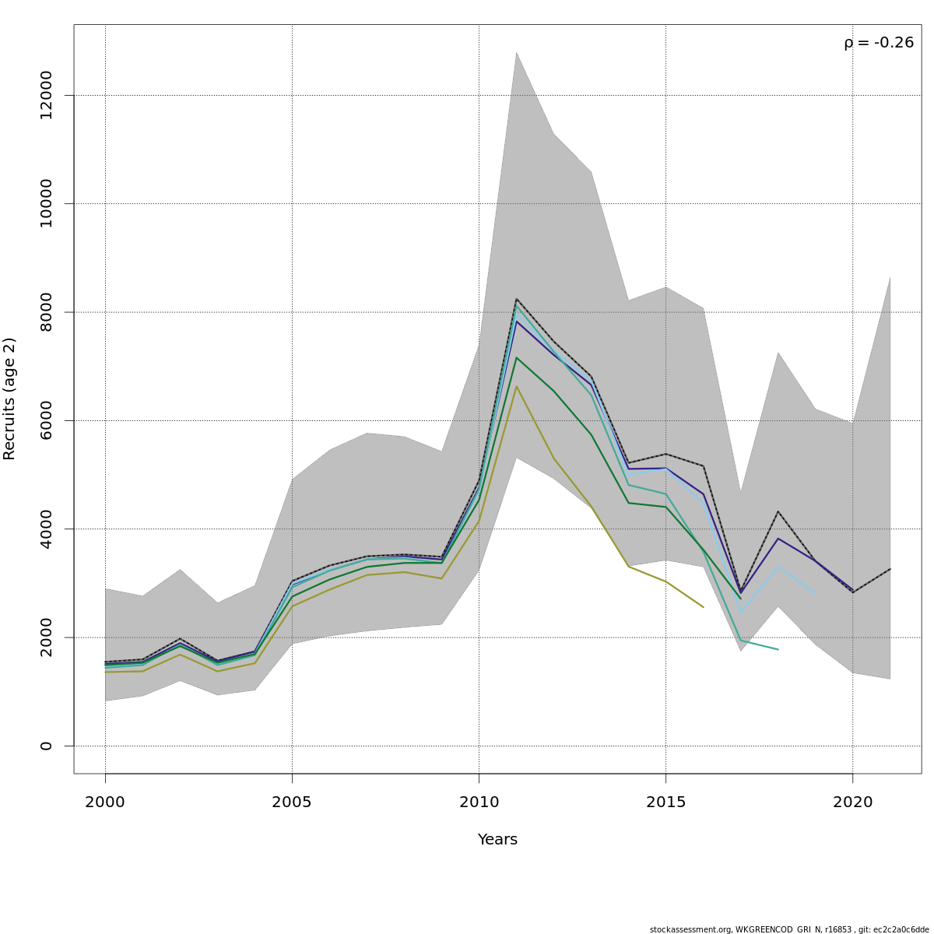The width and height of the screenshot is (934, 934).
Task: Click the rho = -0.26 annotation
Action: coord(879,43)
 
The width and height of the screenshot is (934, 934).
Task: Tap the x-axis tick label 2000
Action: coord(105,802)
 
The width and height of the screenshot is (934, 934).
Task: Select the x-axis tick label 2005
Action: coord(292,802)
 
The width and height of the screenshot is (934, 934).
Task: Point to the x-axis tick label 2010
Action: coord(479,802)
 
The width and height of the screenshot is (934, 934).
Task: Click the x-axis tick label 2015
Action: coord(665,802)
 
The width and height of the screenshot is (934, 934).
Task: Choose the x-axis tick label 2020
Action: coord(852,802)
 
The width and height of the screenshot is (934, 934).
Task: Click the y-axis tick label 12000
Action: coord(46,95)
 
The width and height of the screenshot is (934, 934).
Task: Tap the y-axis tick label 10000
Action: coord(46,203)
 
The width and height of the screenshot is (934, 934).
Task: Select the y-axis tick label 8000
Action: coord(46,312)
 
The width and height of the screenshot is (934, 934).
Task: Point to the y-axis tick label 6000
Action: coord(46,420)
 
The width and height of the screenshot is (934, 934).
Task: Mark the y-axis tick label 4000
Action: coord(46,528)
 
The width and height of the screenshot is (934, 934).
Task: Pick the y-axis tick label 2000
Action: coord(46,637)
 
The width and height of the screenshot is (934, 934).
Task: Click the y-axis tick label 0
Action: coord(46,746)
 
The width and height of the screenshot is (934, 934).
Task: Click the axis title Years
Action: coord(497,840)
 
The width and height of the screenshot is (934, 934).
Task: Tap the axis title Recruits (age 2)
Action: coord(10,399)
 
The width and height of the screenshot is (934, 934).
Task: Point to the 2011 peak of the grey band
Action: coord(516,53)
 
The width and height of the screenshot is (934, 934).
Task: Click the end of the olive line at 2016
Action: coord(703,607)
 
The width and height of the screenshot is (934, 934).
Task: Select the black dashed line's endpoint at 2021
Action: coord(890,569)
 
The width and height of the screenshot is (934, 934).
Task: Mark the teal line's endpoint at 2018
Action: coord(778,649)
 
